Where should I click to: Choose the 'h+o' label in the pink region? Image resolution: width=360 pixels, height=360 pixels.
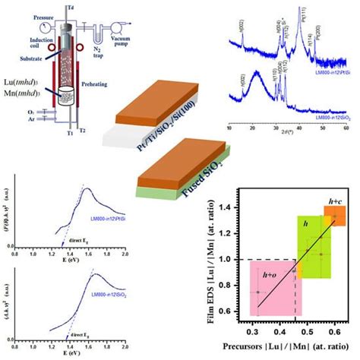tap(267, 276)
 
